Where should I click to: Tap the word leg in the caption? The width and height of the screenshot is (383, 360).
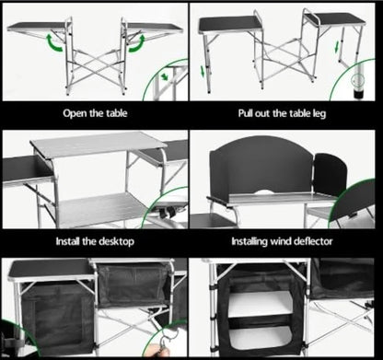[x=319, y=114]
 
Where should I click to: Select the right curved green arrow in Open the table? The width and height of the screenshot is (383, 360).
[x=137, y=43]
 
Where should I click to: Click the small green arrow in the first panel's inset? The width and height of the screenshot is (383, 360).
[x=165, y=76]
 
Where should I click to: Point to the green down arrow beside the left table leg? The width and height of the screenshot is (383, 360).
[x=203, y=71]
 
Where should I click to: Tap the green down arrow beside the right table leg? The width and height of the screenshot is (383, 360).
[x=337, y=46]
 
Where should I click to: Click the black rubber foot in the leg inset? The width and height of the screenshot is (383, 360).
[x=358, y=94]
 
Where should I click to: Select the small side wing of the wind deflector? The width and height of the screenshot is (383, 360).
[x=330, y=174]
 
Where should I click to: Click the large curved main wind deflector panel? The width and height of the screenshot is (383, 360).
[x=261, y=168]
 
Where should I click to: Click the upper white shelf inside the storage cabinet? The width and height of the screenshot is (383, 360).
[x=261, y=304]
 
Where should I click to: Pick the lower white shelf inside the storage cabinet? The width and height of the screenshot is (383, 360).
[x=261, y=338]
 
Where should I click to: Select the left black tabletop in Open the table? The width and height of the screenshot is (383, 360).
[x=37, y=26]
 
